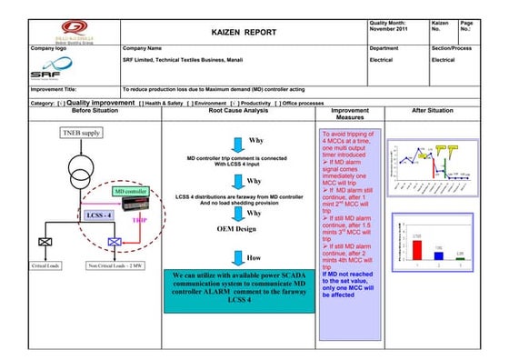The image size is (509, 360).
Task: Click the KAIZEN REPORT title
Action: pyautogui.click(x=243, y=31)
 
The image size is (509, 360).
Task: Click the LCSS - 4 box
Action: pyautogui.click(x=99, y=215)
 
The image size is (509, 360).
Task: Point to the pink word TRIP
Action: pyautogui.click(x=140, y=220)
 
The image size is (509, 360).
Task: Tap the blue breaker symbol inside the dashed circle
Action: pyautogui.click(x=115, y=244)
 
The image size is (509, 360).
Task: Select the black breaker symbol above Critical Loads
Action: pyautogui.click(x=45, y=243)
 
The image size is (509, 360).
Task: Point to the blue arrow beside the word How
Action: pyautogui.click(x=235, y=256)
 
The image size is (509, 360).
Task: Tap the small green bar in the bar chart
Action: pyautogui.click(x=460, y=258)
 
